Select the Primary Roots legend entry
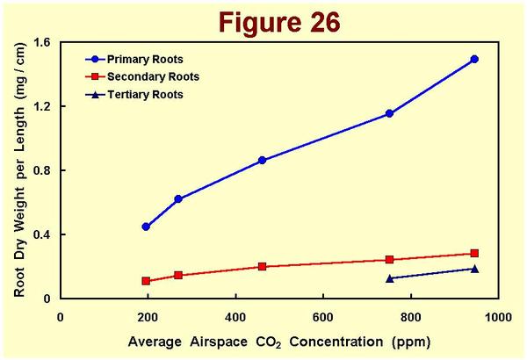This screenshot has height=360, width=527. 144,60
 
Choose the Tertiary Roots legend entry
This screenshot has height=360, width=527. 145,93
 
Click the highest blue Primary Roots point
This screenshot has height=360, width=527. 474,59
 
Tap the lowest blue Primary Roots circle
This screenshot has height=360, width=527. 146,227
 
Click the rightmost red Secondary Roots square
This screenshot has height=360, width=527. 474,254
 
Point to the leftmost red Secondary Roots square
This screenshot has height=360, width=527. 146,281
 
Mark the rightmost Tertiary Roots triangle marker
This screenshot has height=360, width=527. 474,269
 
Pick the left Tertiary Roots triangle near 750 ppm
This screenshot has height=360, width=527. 389,278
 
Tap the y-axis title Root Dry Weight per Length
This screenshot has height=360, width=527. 18,170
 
